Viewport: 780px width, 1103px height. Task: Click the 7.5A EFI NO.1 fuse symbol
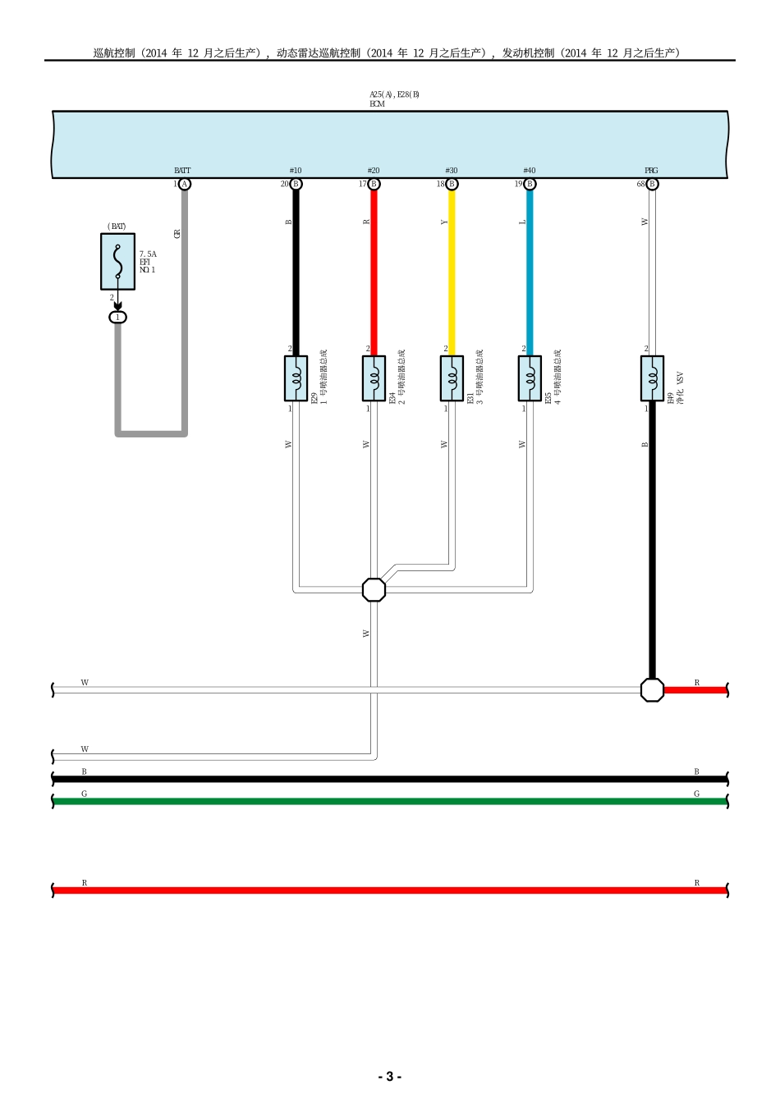(117, 261)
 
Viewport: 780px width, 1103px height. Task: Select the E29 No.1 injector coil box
(296, 378)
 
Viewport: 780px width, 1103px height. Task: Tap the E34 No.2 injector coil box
(374, 378)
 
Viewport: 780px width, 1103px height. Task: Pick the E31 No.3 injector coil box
(452, 378)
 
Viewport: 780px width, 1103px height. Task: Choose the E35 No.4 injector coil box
(530, 378)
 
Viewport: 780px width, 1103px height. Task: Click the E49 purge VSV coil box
(652, 378)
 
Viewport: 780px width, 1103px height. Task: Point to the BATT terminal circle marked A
(185, 184)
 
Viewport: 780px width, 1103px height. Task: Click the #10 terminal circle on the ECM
(296, 184)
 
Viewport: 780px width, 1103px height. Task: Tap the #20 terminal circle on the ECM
(374, 184)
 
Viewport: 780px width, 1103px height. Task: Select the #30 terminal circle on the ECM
(452, 184)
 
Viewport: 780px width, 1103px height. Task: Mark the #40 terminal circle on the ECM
(530, 184)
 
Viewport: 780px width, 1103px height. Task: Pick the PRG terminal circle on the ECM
(652, 184)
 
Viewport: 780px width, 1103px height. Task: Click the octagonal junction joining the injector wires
(374, 589)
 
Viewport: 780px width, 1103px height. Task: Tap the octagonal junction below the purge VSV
(652, 689)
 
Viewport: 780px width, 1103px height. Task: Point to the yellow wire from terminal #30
(452, 271)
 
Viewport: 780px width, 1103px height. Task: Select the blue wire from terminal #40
(530, 271)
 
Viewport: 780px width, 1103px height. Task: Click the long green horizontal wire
(390, 801)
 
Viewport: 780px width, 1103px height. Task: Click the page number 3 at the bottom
(389, 1077)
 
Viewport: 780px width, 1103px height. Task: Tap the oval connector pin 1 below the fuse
(117, 317)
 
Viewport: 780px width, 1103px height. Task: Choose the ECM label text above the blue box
(377, 104)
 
